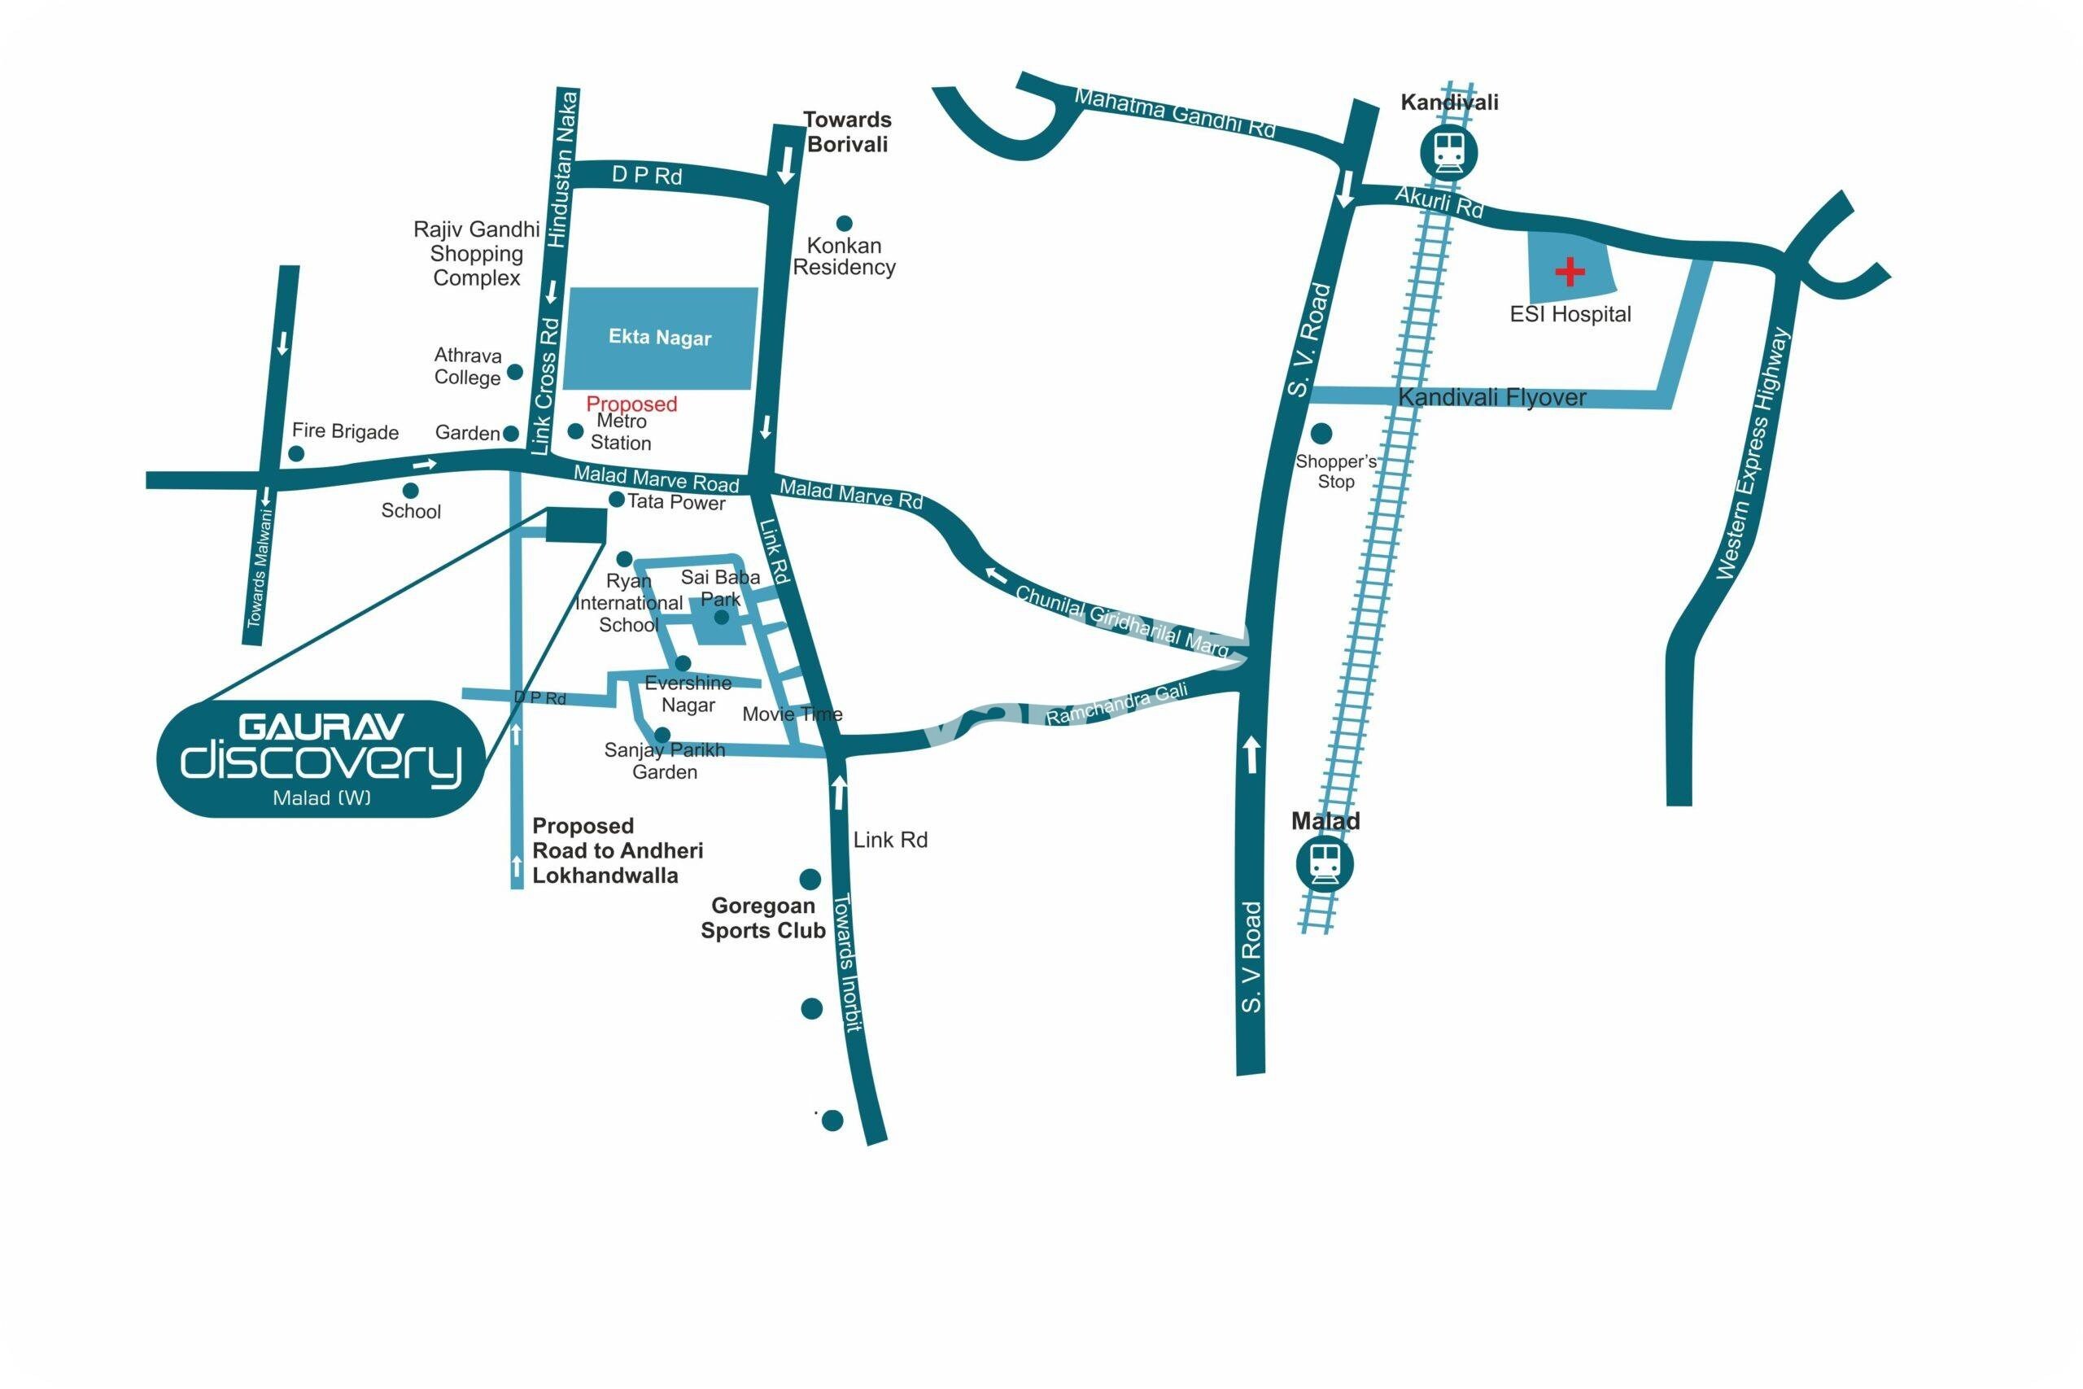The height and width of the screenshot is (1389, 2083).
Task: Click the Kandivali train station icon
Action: tap(1449, 151)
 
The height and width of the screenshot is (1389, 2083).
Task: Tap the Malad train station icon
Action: tap(1324, 862)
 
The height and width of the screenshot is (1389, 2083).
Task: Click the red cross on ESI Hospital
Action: tap(1570, 272)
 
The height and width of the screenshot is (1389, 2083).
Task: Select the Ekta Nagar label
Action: tap(660, 338)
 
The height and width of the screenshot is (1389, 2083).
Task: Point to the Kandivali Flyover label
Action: tap(1491, 398)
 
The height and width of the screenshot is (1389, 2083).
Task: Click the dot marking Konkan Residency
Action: tap(844, 223)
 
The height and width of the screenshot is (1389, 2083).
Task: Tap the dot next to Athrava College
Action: tap(514, 371)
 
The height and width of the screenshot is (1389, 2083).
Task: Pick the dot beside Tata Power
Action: tap(617, 500)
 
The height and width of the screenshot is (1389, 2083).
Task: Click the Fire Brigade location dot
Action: tap(297, 453)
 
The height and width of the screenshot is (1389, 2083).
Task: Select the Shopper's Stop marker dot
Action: tap(1321, 433)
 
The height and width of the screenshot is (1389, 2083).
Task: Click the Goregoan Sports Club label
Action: tap(762, 918)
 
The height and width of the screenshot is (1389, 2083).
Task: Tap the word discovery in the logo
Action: tap(321, 761)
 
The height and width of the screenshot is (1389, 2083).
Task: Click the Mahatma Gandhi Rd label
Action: tap(1174, 113)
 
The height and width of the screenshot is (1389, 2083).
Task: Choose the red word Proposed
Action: tap(631, 404)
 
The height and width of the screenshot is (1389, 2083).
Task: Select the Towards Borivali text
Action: tap(847, 132)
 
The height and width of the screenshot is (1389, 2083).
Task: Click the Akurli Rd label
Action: tap(1439, 202)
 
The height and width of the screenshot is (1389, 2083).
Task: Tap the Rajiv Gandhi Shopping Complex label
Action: tap(477, 253)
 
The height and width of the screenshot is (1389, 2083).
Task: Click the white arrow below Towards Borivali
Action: tap(785, 166)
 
